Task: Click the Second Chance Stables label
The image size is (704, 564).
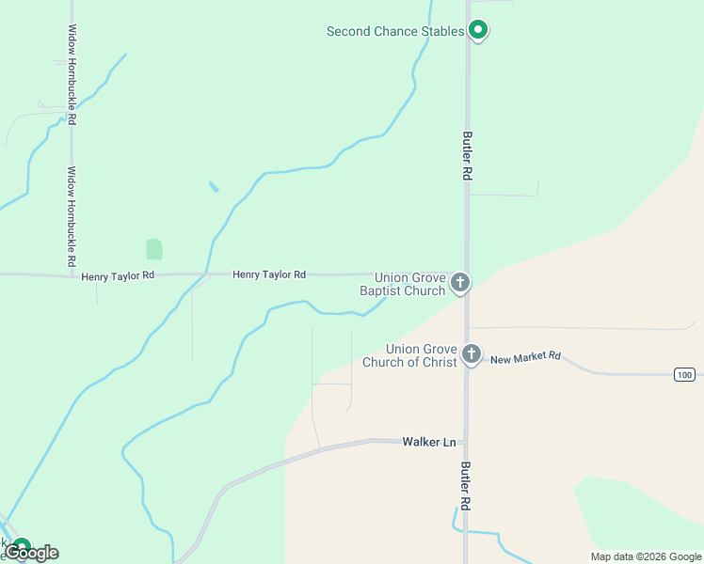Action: tap(394, 31)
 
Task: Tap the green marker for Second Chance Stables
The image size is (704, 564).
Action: tap(478, 31)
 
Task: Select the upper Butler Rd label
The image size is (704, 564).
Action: tap(466, 155)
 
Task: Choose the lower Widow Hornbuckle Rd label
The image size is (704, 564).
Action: tap(72, 217)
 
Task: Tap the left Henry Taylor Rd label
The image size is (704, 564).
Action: tap(117, 276)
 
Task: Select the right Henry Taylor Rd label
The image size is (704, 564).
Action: tap(269, 274)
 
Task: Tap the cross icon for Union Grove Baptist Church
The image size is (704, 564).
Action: tap(460, 282)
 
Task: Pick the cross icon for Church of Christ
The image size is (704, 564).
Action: tap(472, 355)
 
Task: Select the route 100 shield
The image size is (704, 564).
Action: tap(684, 374)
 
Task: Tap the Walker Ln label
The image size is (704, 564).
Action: tap(429, 441)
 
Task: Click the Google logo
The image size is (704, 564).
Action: tap(32, 553)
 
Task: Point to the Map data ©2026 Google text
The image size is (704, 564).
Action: tap(645, 556)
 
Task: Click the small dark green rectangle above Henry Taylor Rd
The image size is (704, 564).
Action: tap(154, 249)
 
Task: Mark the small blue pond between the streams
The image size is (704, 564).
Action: tap(214, 186)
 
